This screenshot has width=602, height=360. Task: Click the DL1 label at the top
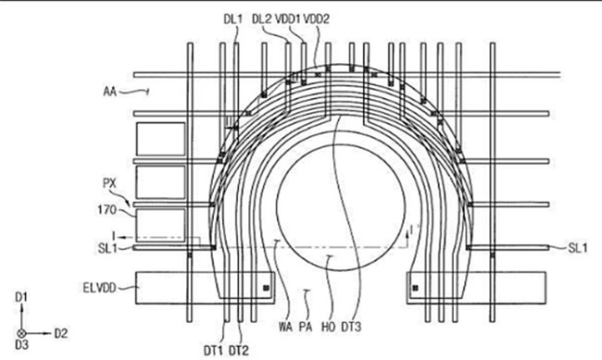point(233,19)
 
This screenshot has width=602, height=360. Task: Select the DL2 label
point(261,19)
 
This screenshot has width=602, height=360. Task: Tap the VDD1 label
point(287,19)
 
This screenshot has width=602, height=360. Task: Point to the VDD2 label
point(317,19)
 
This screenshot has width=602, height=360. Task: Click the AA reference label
point(110,92)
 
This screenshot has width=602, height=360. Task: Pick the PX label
point(109,183)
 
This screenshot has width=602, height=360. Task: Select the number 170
point(107,210)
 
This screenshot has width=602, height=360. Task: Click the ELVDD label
point(99,288)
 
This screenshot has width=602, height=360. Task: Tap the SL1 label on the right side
point(578,248)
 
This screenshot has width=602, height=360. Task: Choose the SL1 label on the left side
point(107,248)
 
